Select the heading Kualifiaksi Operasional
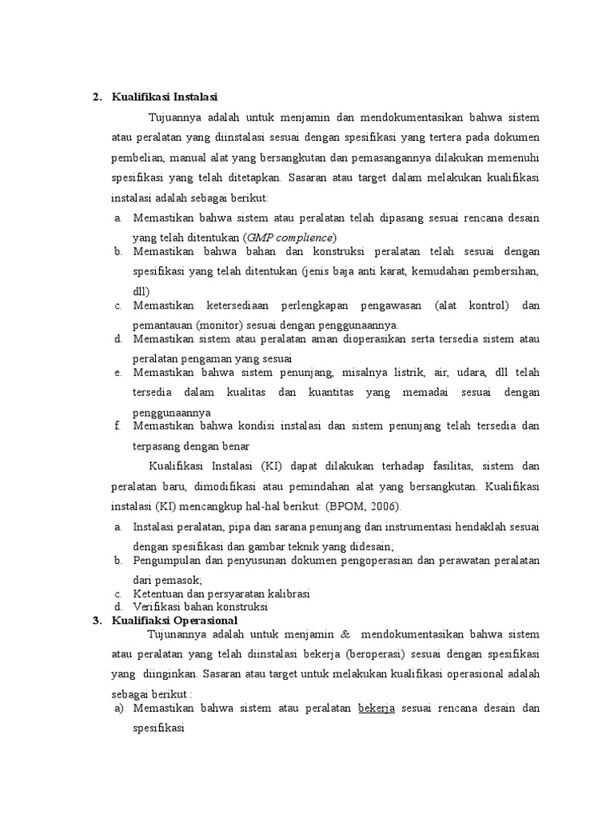click(x=175, y=621)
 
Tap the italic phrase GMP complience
click(x=291, y=238)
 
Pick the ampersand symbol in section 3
click(x=345, y=634)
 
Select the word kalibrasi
click(x=286, y=593)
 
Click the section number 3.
click(x=96, y=621)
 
